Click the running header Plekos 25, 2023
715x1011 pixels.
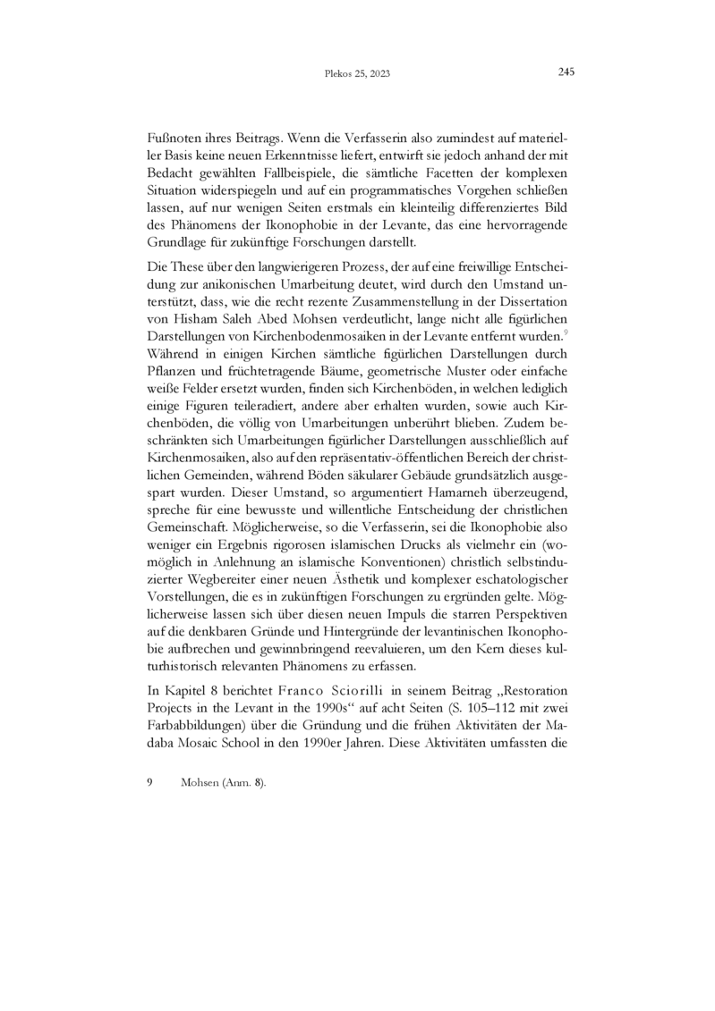click(x=356, y=74)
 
